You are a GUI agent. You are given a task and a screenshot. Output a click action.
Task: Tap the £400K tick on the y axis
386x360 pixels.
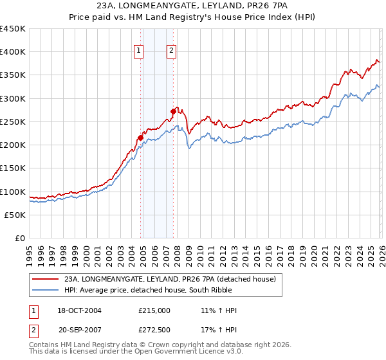[x=13, y=52]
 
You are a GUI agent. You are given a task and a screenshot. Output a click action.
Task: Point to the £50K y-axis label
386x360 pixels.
[x=15, y=215]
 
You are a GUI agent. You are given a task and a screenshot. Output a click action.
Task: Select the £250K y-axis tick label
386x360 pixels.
[x=13, y=122]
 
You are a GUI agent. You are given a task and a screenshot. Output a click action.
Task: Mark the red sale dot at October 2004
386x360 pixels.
[x=140, y=138]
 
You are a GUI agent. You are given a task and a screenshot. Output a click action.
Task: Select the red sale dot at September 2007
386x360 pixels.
[x=173, y=111]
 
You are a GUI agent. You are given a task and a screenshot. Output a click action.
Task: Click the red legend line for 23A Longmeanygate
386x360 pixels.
[x=45, y=279]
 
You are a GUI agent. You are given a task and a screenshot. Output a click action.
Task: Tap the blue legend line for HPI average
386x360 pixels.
[x=45, y=290]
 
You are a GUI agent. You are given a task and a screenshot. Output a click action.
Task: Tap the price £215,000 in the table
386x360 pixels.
[x=154, y=310]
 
